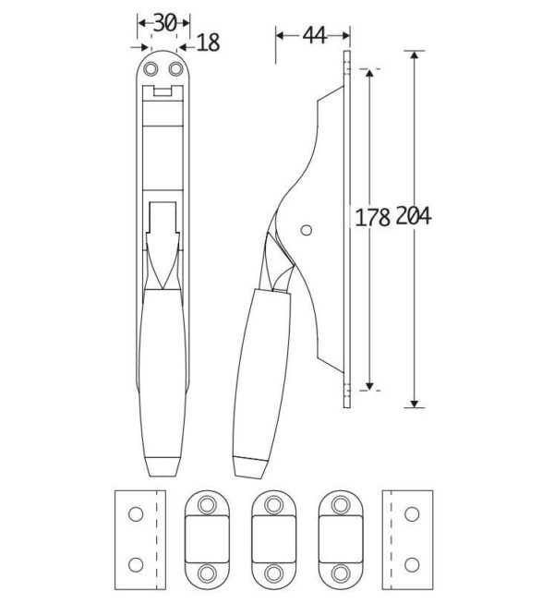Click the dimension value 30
165,23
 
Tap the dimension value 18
209,42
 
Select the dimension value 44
314,36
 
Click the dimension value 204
414,215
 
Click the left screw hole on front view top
151,69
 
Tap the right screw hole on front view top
175,69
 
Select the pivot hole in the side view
306,230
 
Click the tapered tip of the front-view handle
163,467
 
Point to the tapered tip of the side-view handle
250,467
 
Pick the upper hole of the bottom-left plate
136,514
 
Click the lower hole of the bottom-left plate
136,565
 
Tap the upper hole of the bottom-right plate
412,514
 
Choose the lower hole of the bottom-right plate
412,565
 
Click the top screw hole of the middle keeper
273,504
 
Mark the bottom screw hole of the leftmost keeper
207,573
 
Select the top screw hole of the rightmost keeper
341,504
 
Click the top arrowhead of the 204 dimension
414,54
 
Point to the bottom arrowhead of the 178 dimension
369,387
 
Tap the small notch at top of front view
163,91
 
